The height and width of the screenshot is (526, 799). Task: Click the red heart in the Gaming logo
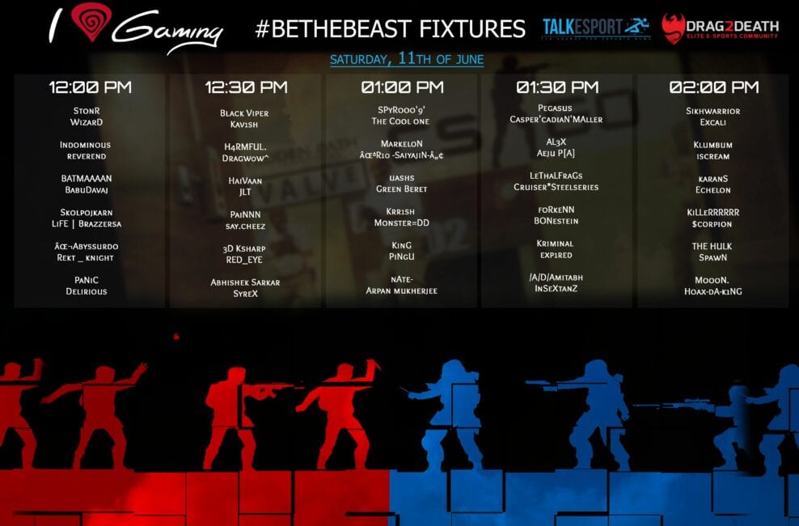[x=91, y=21]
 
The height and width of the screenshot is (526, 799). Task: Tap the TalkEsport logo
[x=596, y=28]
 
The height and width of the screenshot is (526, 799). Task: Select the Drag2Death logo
[x=720, y=28]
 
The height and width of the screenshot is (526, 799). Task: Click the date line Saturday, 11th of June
[x=407, y=58]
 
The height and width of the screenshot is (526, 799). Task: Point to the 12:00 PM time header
[x=91, y=87]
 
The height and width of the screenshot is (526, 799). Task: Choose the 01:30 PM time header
[x=557, y=87]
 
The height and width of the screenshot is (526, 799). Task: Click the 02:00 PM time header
[x=714, y=87]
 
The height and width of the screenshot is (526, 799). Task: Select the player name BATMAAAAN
[x=87, y=178]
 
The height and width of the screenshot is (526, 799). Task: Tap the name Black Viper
[x=244, y=113]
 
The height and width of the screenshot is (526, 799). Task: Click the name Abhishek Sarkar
[x=245, y=282]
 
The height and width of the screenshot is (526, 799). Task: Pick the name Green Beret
[x=402, y=189]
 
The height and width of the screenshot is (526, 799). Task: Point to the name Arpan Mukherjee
[x=402, y=291]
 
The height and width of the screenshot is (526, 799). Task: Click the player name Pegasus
[x=555, y=108]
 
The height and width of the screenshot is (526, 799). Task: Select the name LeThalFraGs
[x=556, y=176]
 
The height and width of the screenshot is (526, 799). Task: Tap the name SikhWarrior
[x=713, y=111]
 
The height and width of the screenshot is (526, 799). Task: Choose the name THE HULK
[x=712, y=246]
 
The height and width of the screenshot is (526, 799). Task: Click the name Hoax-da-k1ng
[x=713, y=291]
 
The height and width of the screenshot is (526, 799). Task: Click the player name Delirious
[x=86, y=291]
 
